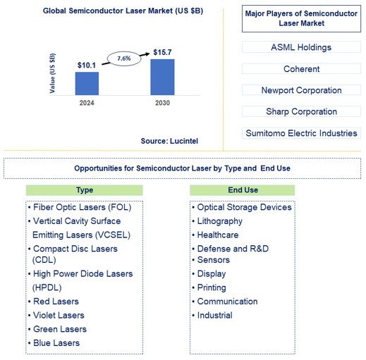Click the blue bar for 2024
87,83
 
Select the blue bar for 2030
162,77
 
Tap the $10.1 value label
87,65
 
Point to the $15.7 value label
163,52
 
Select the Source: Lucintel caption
169,141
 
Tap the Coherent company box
301,69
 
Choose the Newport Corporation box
301,90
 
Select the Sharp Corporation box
301,111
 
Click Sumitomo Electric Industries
301,133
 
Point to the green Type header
85,190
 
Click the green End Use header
243,190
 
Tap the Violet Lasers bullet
59,315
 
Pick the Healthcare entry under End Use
217,235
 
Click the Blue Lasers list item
56,343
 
